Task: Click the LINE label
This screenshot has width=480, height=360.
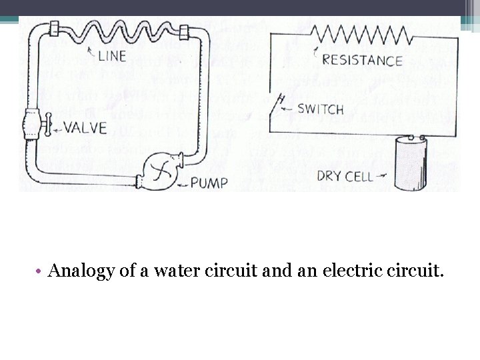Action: tap(113, 56)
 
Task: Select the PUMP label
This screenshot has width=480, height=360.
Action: tap(209, 182)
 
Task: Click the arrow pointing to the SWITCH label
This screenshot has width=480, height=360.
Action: tap(287, 107)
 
